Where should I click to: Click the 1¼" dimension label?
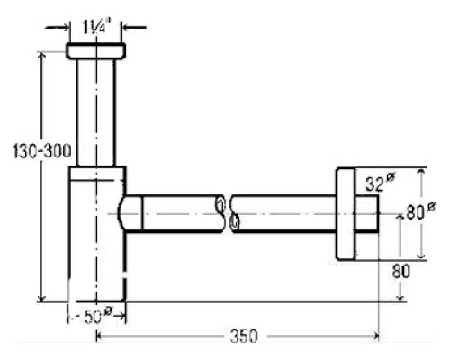coord(94,28)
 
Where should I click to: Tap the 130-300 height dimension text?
coord(42,151)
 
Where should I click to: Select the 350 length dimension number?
coord(244,336)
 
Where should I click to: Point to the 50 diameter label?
coord(97,316)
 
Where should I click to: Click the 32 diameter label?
coord(380,183)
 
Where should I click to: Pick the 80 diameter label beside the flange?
coord(421,211)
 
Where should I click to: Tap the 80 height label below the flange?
coord(400,272)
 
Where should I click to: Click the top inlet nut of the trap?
coord(95,51)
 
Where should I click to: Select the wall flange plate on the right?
coord(346,214)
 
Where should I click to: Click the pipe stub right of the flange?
coord(367,214)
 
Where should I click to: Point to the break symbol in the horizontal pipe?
coord(228,214)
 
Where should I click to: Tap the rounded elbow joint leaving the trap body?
coord(130,213)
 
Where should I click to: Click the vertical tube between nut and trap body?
coord(95,112)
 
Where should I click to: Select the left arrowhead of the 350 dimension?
coord(100,337)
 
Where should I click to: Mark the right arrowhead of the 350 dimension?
coord(375,337)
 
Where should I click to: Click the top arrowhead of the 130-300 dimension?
coord(41,56)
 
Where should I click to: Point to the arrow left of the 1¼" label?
coord(58,28)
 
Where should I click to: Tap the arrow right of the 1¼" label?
coord(134,28)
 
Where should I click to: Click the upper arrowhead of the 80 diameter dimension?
coord(421,172)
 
